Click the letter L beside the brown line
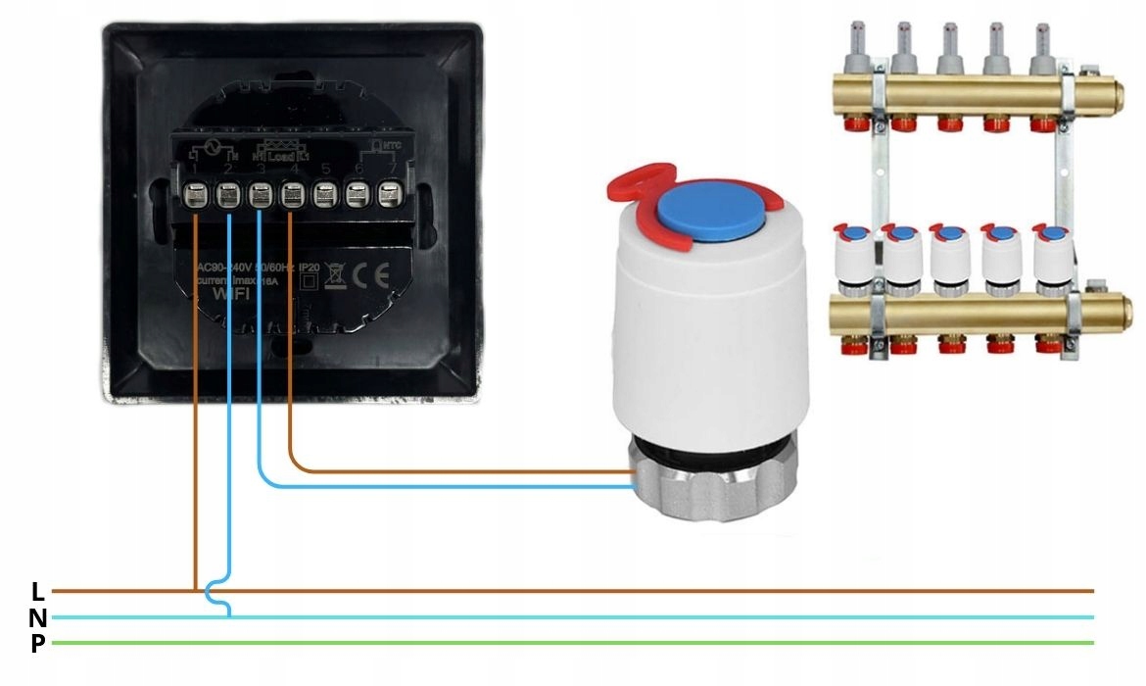tap(38, 591)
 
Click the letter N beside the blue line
tap(38, 617)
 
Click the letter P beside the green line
tap(38, 644)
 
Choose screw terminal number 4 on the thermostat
tap(291, 196)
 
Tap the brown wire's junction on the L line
tap(196, 591)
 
